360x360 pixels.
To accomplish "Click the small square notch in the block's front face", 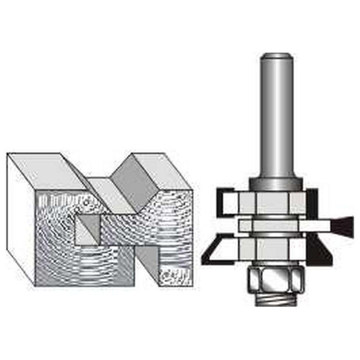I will click(88, 229).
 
